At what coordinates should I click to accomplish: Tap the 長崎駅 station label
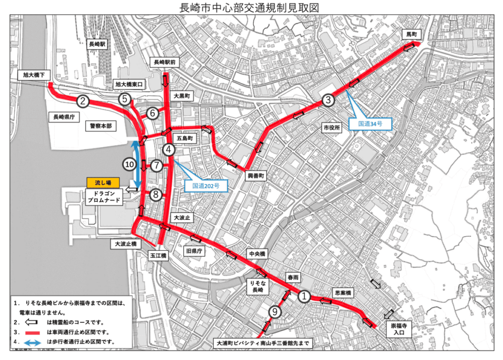pyautogui.click(x=97, y=44)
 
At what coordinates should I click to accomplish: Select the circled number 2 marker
pyautogui.click(x=83, y=102)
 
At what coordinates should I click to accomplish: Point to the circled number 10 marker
pyautogui.click(x=129, y=165)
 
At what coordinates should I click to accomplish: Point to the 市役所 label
pyautogui.click(x=331, y=128)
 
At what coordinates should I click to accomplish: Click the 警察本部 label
pyautogui.click(x=101, y=126)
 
